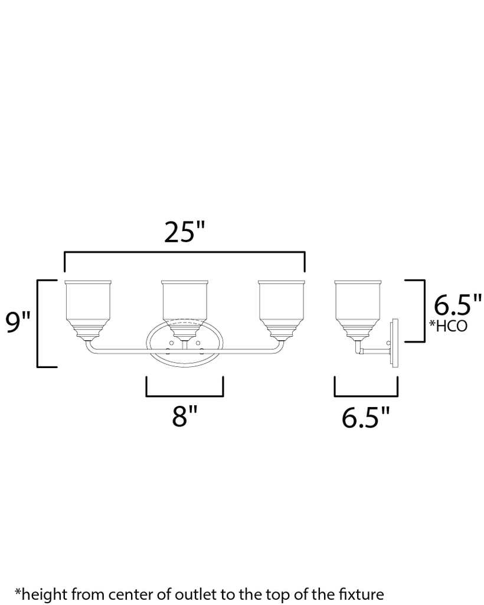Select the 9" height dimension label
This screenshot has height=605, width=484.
18,323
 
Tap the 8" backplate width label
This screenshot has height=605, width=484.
184,417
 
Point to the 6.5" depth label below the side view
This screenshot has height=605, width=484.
366,417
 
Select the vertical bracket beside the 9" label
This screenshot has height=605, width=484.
38,323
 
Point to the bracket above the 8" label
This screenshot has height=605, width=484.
184,395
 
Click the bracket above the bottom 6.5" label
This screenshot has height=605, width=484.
366,395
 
